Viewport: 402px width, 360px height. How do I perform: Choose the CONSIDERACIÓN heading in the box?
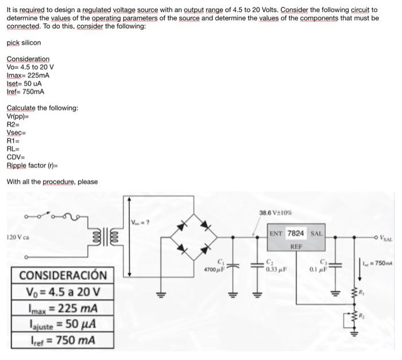tap(63, 276)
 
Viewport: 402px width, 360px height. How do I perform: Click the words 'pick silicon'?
tap(24, 43)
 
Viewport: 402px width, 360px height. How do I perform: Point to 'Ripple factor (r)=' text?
tap(32, 165)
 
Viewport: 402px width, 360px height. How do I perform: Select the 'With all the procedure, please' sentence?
tap(52, 182)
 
